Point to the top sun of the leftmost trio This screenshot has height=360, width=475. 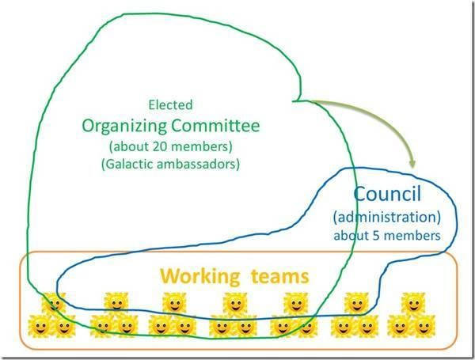tap(52, 303)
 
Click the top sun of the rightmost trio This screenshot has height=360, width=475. tap(412, 303)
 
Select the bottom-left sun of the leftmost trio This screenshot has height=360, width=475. tap(40, 324)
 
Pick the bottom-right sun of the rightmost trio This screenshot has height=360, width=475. tap(424, 324)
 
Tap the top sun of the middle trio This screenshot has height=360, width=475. tap(234, 303)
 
